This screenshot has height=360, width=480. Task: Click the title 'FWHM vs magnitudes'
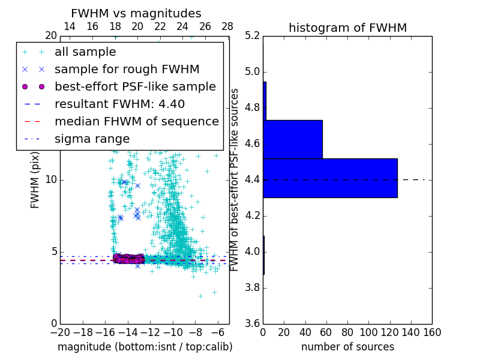click(136, 14)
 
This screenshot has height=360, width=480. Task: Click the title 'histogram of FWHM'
click(347, 28)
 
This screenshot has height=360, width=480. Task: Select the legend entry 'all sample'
click(85, 52)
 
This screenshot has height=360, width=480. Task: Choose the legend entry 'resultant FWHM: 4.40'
click(119, 104)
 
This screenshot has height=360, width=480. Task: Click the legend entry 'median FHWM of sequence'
click(136, 122)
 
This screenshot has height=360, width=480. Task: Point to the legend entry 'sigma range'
click(92, 139)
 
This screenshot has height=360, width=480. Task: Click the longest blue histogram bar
click(330, 178)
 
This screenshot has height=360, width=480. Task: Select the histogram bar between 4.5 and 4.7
click(293, 139)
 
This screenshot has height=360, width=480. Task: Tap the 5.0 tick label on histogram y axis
click(252, 72)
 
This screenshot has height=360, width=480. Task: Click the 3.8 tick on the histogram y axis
click(252, 287)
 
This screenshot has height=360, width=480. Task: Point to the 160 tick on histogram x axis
click(432, 332)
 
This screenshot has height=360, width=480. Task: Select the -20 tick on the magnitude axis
click(60, 332)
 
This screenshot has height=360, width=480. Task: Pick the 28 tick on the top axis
click(227, 26)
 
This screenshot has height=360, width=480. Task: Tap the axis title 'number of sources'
click(347, 347)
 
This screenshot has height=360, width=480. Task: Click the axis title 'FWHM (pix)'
click(35, 179)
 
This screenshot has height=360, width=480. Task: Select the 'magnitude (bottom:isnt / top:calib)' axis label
click(145, 347)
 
